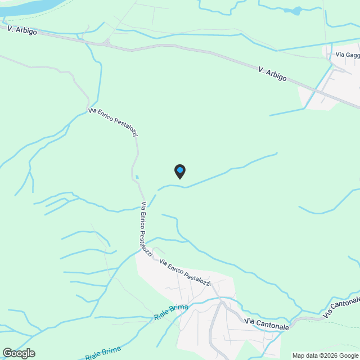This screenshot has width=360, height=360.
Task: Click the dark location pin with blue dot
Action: coord(179,171)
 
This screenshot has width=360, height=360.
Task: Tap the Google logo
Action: coord(19,353)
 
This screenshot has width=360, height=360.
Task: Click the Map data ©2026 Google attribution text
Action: coord(325,355)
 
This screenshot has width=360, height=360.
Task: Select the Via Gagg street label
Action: coord(348,55)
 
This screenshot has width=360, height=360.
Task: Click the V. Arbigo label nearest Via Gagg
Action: coord(273,73)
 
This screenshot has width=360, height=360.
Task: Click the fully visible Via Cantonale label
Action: coord(267,323)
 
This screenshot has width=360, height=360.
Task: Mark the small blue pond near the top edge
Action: coord(292,10)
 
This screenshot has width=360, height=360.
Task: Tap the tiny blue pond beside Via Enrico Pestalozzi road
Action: coord(137,177)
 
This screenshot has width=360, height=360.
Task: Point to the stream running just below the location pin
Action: coord(214,177)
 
